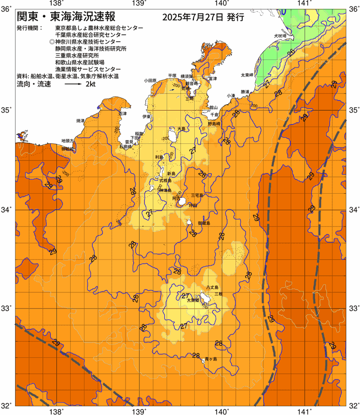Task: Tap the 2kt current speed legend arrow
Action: point(73,85)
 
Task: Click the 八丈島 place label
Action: point(212,287)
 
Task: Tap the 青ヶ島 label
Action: point(211,359)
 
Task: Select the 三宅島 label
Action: point(197,196)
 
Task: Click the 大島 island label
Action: point(181,129)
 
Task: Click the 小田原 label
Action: point(150,80)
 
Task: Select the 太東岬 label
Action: point(246,75)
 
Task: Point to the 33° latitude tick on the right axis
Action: point(353,308)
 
